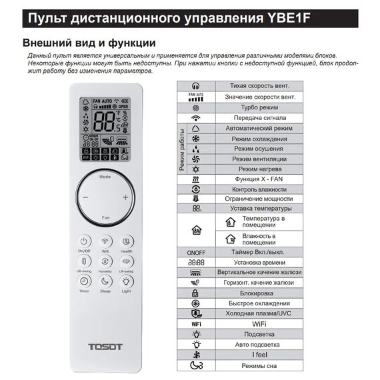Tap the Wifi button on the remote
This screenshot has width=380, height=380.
105,241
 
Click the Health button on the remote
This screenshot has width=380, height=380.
127,241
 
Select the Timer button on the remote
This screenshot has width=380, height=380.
85,282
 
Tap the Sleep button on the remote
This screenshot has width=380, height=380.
105,282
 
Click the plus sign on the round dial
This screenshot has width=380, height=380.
125,197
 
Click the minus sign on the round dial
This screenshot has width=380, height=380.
85,197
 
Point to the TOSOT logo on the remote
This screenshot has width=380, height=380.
105,347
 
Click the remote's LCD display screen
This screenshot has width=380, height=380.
105,129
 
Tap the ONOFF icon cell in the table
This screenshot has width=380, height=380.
195,252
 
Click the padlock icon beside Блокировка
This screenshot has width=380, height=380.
195,293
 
